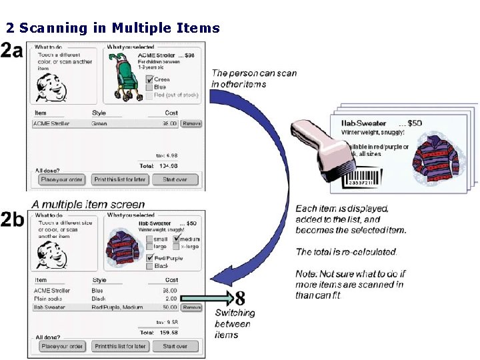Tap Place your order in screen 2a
click(x=61, y=180)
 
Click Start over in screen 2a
click(x=175, y=180)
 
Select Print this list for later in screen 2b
click(x=119, y=346)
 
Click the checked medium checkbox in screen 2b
click(x=176, y=239)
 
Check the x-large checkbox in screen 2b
click(x=176, y=247)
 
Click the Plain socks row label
click(x=47, y=299)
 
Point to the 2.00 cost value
click(x=171, y=299)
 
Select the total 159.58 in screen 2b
click(x=167, y=331)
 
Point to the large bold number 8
click(x=239, y=297)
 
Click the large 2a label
click(x=12, y=51)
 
